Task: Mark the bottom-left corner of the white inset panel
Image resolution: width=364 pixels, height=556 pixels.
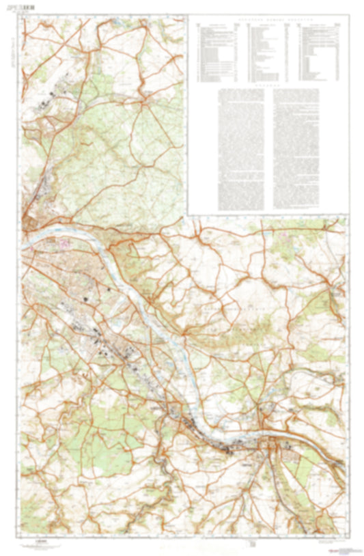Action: pyautogui.click(x=188, y=214)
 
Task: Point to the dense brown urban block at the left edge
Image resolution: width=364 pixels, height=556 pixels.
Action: pyautogui.click(x=30, y=221)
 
